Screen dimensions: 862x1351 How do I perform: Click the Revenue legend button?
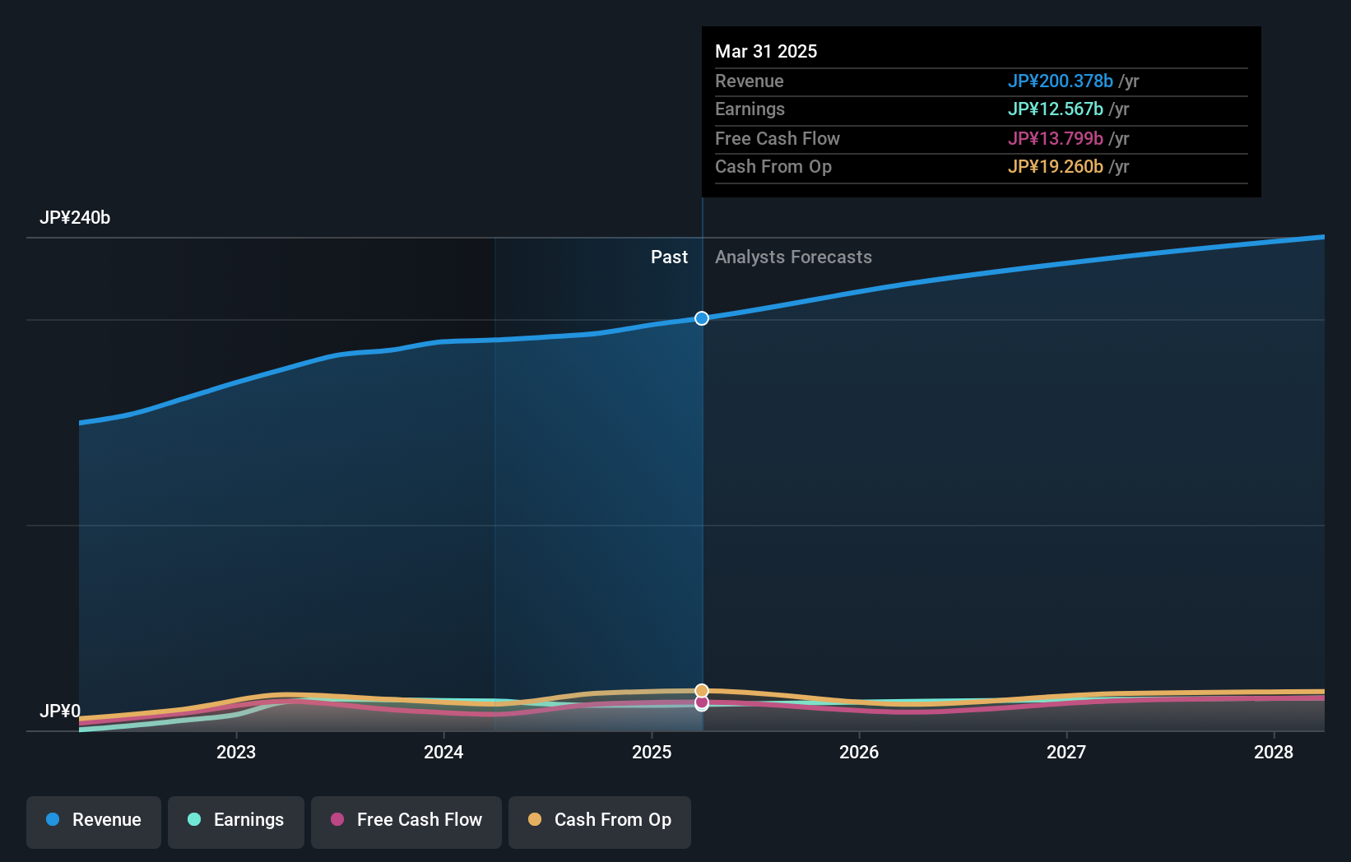coord(94,820)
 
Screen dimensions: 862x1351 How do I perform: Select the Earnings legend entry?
coord(236,820)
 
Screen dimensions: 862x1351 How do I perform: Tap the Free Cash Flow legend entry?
coord(406,820)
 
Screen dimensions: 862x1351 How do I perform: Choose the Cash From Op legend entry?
coord(600,820)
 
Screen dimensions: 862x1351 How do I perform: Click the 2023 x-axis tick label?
coord(236,753)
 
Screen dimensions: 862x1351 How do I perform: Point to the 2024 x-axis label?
coord(443,753)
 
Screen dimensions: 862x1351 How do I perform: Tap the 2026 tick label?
coord(859,753)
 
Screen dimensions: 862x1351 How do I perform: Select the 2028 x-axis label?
coord(1274,753)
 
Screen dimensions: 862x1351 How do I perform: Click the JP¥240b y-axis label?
coord(75,218)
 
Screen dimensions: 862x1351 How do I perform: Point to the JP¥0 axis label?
coord(60,711)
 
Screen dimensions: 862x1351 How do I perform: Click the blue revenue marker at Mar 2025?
coord(702,318)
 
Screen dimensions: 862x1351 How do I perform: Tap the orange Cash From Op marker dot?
coord(702,691)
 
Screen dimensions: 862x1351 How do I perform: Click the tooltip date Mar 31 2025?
coord(766,52)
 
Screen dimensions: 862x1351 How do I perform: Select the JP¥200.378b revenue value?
coord(1060,81)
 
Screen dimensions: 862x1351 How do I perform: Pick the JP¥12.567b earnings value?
coord(1055,109)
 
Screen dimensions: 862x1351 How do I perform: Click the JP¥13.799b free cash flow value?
coord(1055,139)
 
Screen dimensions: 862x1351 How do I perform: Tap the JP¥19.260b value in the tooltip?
coord(1055,167)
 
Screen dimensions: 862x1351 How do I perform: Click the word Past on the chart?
coord(669,257)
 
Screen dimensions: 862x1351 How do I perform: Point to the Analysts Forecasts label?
coord(793,257)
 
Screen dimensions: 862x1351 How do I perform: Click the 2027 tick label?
coord(1066,753)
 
